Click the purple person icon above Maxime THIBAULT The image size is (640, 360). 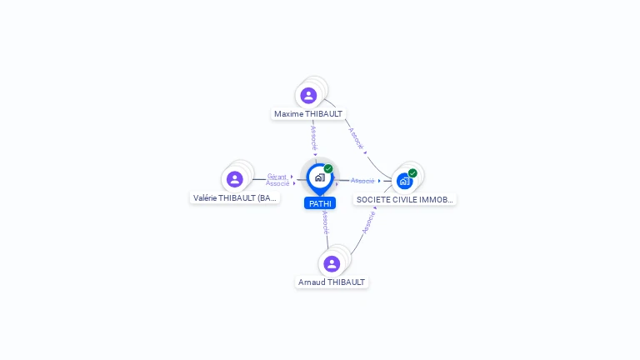(308, 95)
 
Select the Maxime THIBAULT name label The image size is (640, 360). (308, 114)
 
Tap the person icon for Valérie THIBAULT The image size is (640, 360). (235, 179)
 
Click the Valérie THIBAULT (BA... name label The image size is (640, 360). (235, 198)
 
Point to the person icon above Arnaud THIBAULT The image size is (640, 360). (332, 263)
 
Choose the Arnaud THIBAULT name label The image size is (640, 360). (332, 282)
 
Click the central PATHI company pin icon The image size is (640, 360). (319, 177)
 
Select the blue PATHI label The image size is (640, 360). (320, 203)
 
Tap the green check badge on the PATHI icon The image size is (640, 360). (328, 169)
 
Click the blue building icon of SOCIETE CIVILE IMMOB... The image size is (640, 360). (404, 180)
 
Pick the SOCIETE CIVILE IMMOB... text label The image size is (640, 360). (405, 200)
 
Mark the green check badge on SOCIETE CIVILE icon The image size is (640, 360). (412, 173)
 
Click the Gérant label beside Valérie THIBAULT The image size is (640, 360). (277, 176)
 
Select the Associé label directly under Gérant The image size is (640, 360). (277, 183)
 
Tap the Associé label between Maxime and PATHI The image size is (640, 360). (314, 138)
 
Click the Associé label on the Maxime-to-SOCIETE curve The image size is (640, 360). (356, 137)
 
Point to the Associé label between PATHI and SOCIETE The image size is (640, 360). (362, 181)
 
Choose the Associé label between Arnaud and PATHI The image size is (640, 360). (325, 222)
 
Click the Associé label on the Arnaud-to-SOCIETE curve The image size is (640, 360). (367, 222)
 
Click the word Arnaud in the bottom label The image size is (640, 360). (312, 282)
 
